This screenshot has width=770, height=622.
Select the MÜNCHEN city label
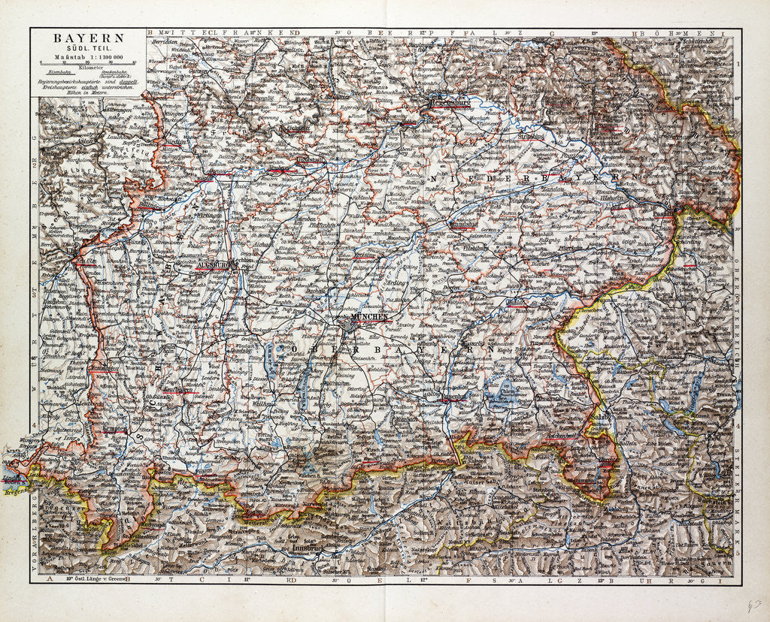(368, 318)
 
